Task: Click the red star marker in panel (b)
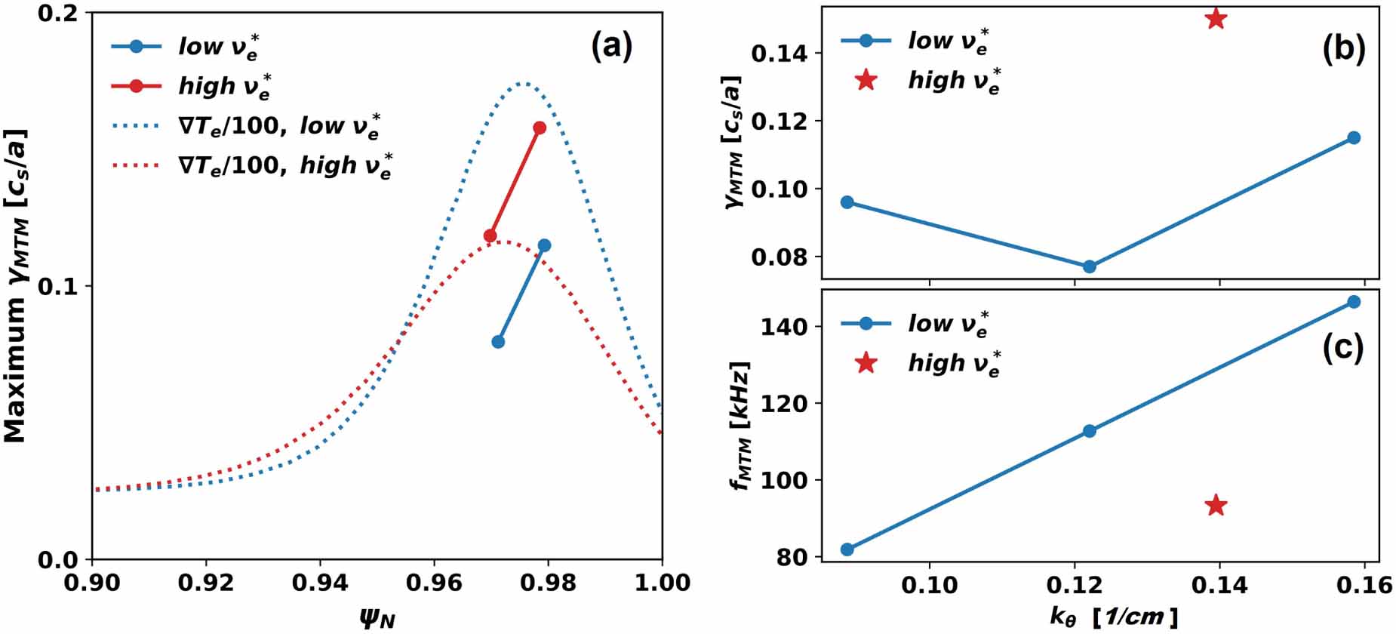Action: click(x=1216, y=19)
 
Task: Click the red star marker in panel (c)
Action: click(x=1216, y=505)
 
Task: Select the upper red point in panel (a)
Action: click(x=540, y=128)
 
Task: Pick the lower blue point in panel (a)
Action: click(x=498, y=342)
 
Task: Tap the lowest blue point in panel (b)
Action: click(x=1089, y=266)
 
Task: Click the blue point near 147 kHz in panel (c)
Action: click(x=1354, y=302)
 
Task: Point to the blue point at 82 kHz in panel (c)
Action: click(x=847, y=549)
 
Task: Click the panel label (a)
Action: click(x=611, y=47)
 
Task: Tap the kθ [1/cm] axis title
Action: click(x=1113, y=617)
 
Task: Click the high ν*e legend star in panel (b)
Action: click(x=866, y=80)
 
